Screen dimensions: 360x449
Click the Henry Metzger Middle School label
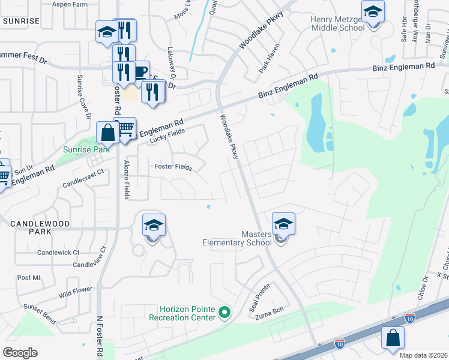337,23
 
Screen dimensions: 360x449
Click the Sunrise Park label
87,149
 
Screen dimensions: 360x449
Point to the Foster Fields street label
173,167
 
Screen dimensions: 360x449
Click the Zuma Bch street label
268,314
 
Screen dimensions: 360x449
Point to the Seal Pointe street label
261,294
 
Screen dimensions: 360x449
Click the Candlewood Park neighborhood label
40,227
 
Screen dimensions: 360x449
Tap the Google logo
20,352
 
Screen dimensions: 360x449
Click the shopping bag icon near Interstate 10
392,338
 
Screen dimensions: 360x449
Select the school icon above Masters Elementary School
283,224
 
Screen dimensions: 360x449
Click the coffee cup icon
140,72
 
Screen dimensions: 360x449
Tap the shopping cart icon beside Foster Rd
125,128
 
